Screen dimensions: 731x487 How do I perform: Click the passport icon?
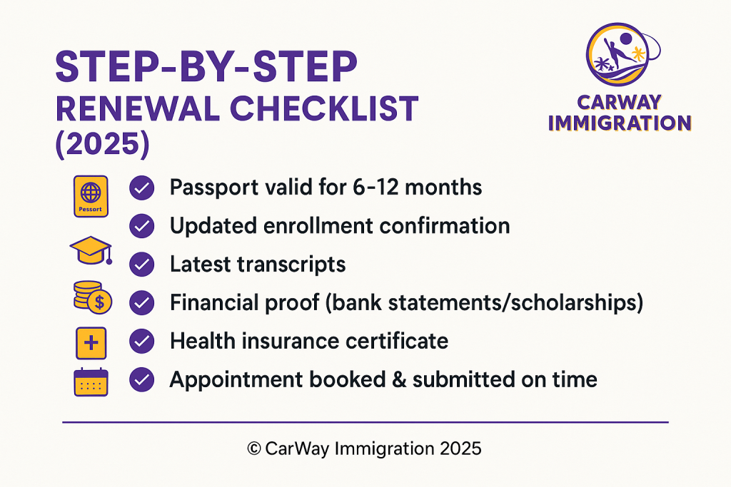(x=91, y=197)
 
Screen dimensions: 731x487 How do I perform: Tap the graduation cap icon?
(x=91, y=250)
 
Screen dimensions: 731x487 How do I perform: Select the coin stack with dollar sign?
(x=93, y=297)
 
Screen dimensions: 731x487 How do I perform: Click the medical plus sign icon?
(x=91, y=343)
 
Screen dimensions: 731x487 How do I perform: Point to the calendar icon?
(x=91, y=381)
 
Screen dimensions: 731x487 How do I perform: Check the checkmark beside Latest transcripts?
(x=142, y=265)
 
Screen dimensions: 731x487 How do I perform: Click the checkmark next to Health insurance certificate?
(x=142, y=342)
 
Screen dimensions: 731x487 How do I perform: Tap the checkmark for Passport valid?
(x=142, y=188)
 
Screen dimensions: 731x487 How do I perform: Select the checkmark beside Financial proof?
(x=142, y=303)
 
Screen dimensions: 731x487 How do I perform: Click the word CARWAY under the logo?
(x=619, y=103)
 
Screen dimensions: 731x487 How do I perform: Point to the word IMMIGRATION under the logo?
(x=620, y=123)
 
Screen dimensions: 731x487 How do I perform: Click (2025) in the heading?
(x=103, y=144)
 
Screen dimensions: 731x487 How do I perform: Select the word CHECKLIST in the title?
(x=324, y=109)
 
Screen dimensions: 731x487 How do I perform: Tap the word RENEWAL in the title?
(x=138, y=109)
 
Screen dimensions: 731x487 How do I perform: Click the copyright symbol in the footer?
(x=254, y=448)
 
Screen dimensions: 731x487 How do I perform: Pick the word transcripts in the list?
(x=291, y=265)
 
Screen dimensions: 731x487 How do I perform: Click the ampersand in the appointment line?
(x=399, y=379)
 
